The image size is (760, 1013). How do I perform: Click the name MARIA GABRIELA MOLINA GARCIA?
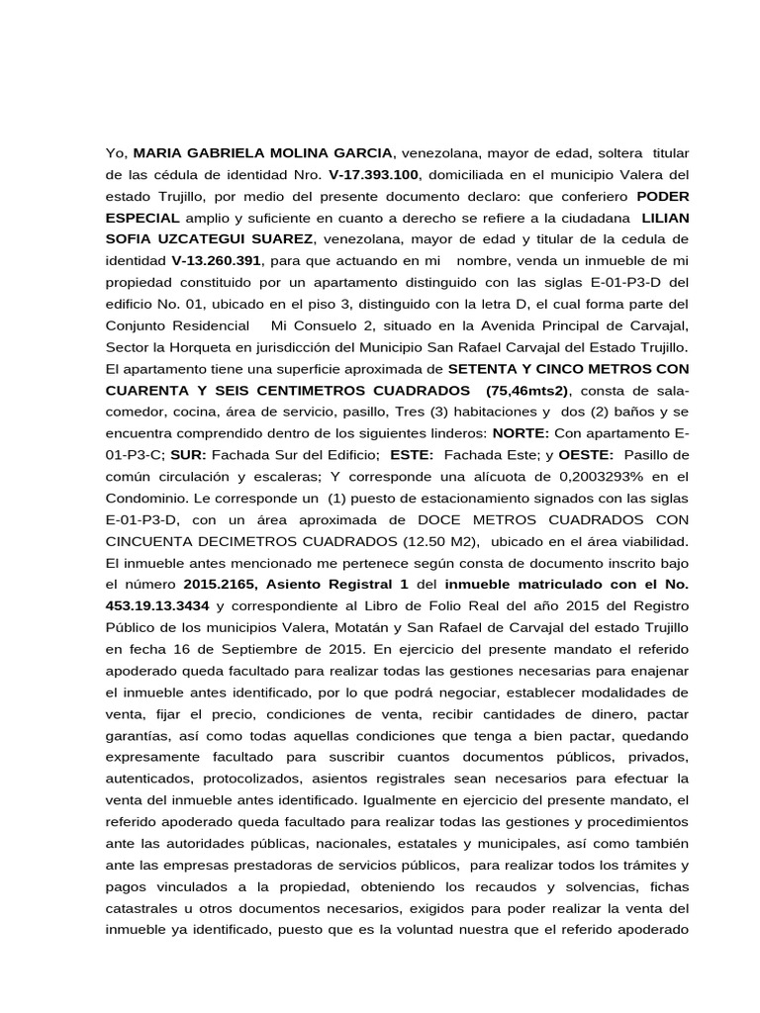pos(263,153)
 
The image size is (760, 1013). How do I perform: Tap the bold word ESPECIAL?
pos(142,218)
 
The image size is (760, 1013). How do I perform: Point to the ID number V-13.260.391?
pos(216,260)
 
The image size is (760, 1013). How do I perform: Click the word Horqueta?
pos(211,346)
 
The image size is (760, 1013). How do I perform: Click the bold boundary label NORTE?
pos(517,432)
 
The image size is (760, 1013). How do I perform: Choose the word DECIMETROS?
pos(238,541)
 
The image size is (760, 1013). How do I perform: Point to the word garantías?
pos(140,735)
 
